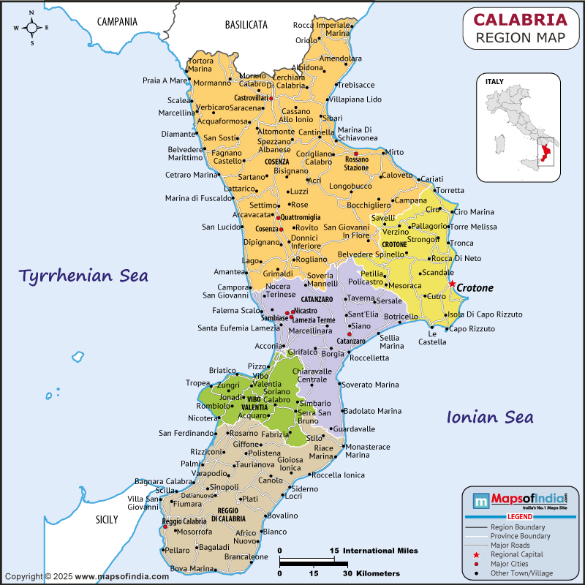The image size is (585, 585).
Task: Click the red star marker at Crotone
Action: pos(452,284)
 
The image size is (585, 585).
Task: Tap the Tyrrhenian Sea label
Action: pos(83,276)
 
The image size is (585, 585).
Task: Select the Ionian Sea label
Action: pos(489,417)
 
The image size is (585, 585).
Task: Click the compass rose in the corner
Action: pos(32,28)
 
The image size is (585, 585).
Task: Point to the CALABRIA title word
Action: pos(520,19)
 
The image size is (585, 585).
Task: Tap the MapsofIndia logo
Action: pos(520,502)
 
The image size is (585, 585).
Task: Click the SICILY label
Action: pos(106,520)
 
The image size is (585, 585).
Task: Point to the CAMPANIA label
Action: pos(117,22)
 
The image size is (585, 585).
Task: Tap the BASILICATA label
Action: pos(246,25)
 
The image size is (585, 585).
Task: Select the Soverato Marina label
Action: pos(371,385)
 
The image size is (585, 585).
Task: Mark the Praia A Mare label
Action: pos(165,80)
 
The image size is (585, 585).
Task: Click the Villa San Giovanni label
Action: pos(143,502)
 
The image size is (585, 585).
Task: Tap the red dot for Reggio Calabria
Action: pos(165,526)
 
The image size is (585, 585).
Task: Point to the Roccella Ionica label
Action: pos(338,475)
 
